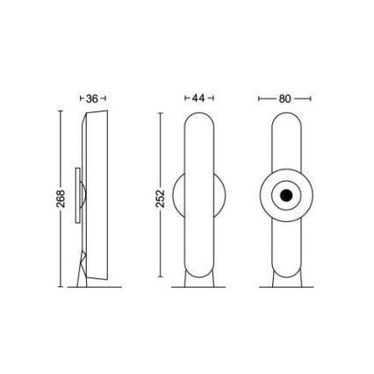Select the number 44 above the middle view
pyautogui.click(x=198, y=98)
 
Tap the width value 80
pyautogui.click(x=284, y=98)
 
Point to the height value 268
pyautogui.click(x=49, y=198)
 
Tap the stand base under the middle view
pyautogui.click(x=198, y=278)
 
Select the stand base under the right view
pyautogui.click(x=284, y=278)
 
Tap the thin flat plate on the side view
pyautogui.click(x=76, y=198)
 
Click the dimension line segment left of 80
pyautogui.click(x=267, y=98)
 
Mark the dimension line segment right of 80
pyautogui.click(x=303, y=98)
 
